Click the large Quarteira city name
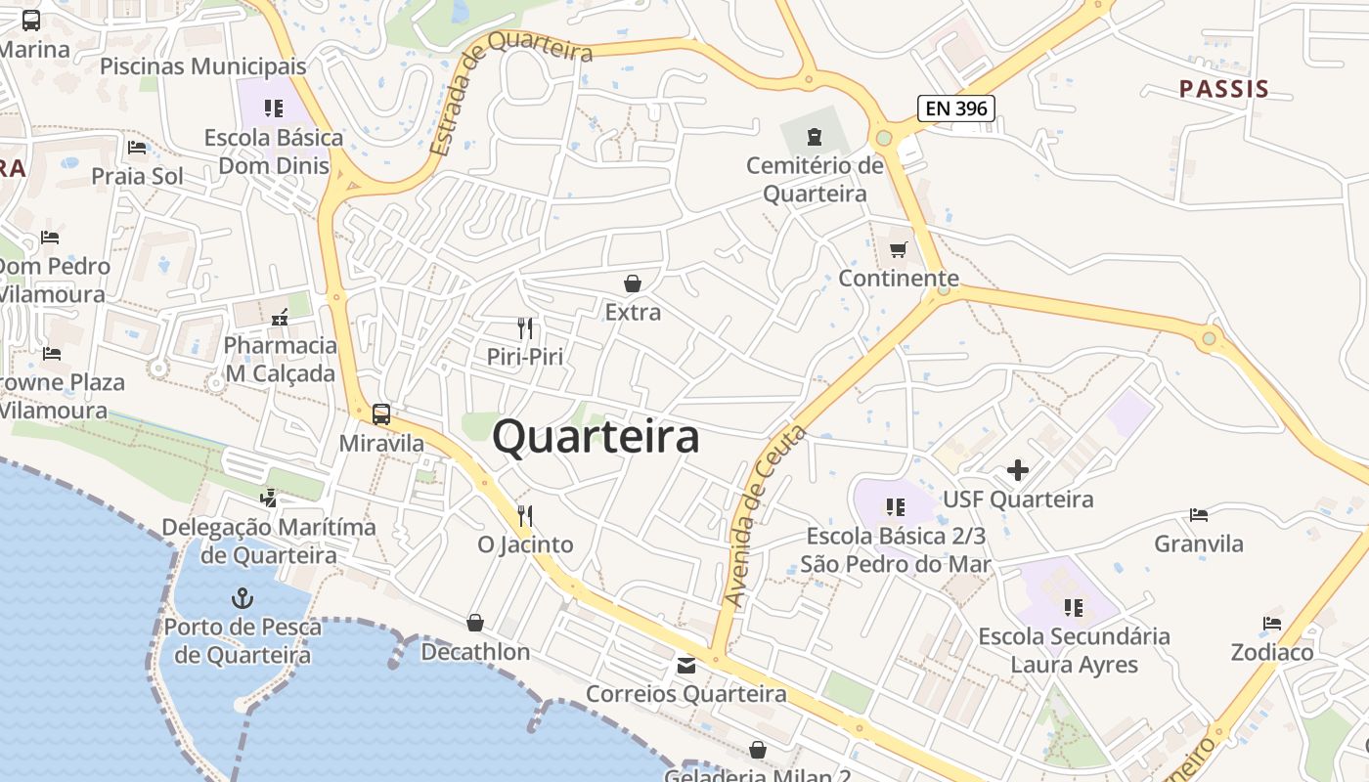[596, 437]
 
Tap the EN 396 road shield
[955, 109]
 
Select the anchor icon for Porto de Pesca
[242, 597]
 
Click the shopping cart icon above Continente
[898, 249]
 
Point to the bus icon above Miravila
[381, 413]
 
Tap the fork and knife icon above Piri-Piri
[526, 327]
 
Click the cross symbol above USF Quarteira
[1018, 470]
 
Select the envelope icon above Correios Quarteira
[686, 666]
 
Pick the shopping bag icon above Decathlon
[475, 623]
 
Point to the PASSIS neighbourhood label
[1223, 89]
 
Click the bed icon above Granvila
[1199, 515]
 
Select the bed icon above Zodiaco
[1272, 623]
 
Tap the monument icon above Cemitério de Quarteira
[815, 136]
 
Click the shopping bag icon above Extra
[633, 283]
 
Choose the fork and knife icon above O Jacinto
[525, 515]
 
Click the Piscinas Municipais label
[203, 66]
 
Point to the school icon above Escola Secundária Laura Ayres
[1074, 608]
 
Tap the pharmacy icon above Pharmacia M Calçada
[281, 317]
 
